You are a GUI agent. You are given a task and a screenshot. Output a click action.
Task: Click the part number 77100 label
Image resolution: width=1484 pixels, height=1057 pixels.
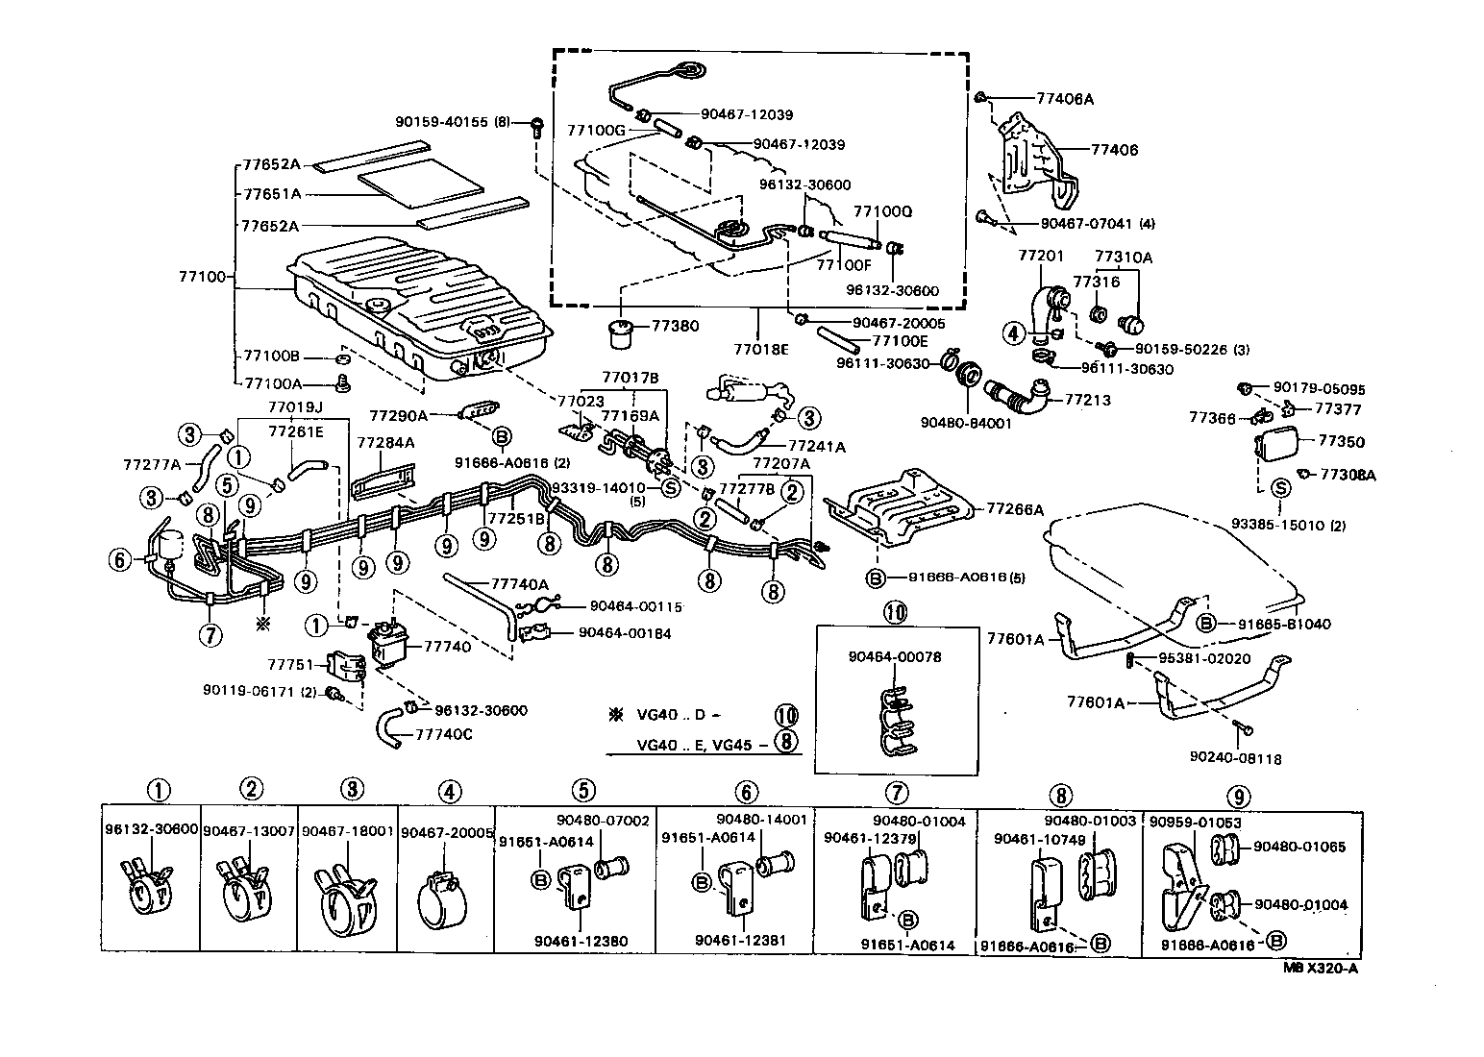pos(200,277)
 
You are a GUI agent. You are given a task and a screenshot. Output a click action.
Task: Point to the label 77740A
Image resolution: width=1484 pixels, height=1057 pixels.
pos(519,583)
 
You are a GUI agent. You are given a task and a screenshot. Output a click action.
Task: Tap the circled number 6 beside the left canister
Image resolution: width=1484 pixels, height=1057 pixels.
pos(119,558)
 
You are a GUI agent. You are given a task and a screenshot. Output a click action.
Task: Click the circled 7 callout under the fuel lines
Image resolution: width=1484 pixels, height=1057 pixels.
pos(210,634)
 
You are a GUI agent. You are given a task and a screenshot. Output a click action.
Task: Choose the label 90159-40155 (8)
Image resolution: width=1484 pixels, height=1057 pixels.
pos(453,122)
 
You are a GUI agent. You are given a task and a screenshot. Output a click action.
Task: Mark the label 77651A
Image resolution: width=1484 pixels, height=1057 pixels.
pos(271,193)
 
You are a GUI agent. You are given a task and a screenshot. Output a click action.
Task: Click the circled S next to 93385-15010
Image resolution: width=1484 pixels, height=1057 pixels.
pos(1280,488)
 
